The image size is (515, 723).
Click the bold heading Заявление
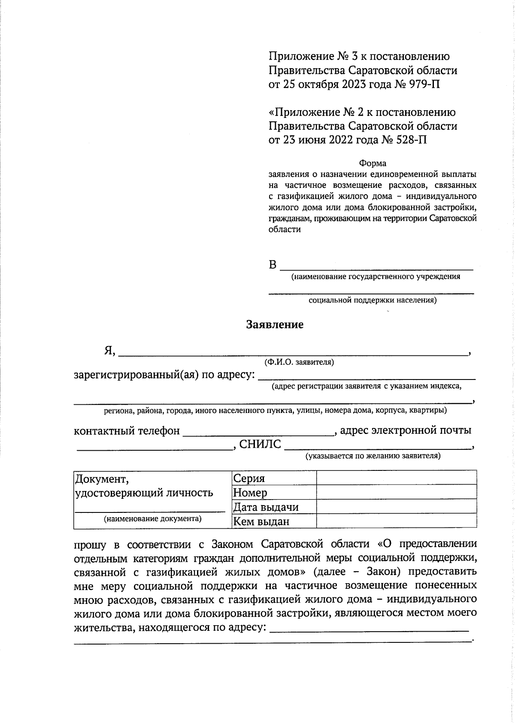275,325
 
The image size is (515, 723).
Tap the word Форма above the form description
373,163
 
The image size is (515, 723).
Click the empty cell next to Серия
396,478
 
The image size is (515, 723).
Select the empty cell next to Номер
396,492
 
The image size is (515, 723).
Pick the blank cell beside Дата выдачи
396,506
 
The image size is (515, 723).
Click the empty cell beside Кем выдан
396,521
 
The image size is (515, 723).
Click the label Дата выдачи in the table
265,507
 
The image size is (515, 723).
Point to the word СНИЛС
260,444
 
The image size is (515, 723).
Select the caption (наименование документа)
153,518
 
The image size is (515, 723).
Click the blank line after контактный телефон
259,432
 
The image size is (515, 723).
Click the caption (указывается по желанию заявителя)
373,456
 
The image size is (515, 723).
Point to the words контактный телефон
127,431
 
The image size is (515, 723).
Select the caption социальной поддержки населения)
373,300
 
